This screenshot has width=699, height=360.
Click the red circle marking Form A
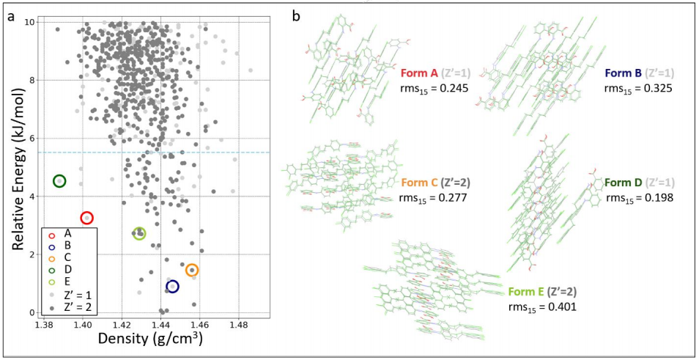[86, 218]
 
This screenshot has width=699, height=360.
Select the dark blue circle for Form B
[172, 287]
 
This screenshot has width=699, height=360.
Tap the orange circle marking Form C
[192, 270]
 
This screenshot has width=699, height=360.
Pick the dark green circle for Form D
[59, 181]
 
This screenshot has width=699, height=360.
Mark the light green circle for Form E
[139, 233]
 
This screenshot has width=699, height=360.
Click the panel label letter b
[296, 15]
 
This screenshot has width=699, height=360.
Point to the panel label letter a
[11, 15]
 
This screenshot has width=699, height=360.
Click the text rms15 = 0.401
[543, 305]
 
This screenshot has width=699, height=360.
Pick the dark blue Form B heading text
[624, 73]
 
